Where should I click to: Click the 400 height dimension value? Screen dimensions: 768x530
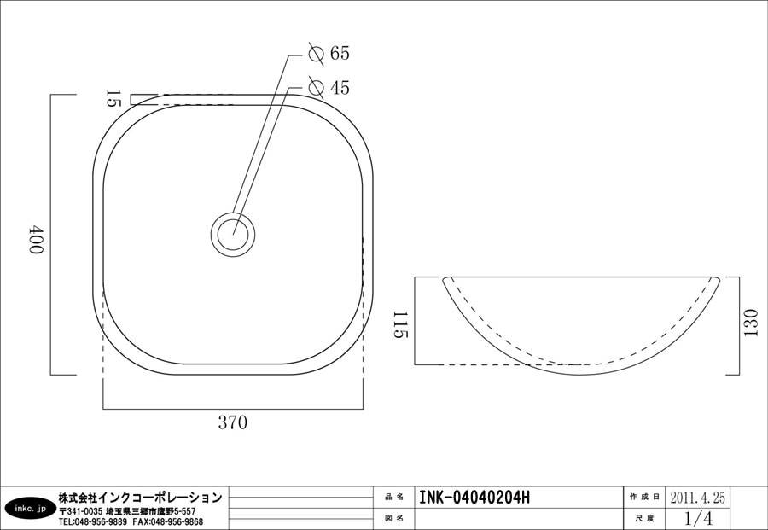[x=37, y=239]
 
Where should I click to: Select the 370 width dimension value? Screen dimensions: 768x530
[x=233, y=422]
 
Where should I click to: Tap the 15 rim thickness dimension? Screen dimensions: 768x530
[x=113, y=98]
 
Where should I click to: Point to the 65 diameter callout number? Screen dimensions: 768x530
[x=340, y=53]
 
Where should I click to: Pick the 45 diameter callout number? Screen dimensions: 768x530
[x=340, y=88]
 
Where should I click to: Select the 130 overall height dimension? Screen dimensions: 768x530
[x=750, y=323]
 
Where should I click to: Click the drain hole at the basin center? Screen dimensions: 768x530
[x=233, y=234]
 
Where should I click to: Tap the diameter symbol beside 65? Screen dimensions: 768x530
[x=317, y=53]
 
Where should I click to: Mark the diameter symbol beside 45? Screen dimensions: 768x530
[x=317, y=88]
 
